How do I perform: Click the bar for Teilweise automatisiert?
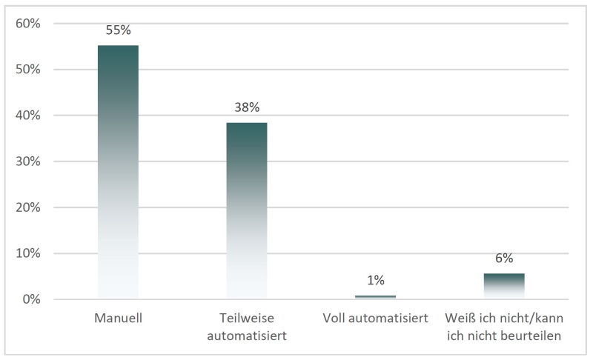coord(247,211)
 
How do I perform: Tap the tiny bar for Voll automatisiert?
coord(375,297)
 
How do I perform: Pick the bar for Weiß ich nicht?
coord(504,286)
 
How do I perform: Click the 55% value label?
coord(119,30)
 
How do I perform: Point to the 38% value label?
coord(247,107)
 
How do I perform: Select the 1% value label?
coord(375,280)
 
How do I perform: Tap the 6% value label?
coord(504,259)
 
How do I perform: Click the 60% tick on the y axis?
coord(27,24)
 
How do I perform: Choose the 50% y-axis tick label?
coord(27,70)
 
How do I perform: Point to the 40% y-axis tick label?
coord(27,116)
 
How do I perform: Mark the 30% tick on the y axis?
coord(27,161)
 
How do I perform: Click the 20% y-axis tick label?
coord(27,207)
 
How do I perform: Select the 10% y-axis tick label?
coord(27,253)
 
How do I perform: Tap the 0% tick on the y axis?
coord(30,299)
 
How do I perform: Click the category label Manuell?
coord(118,319)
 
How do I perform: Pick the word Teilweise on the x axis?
coord(247,319)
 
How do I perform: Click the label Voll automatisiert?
coord(375,319)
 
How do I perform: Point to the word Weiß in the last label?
coord(460,319)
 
